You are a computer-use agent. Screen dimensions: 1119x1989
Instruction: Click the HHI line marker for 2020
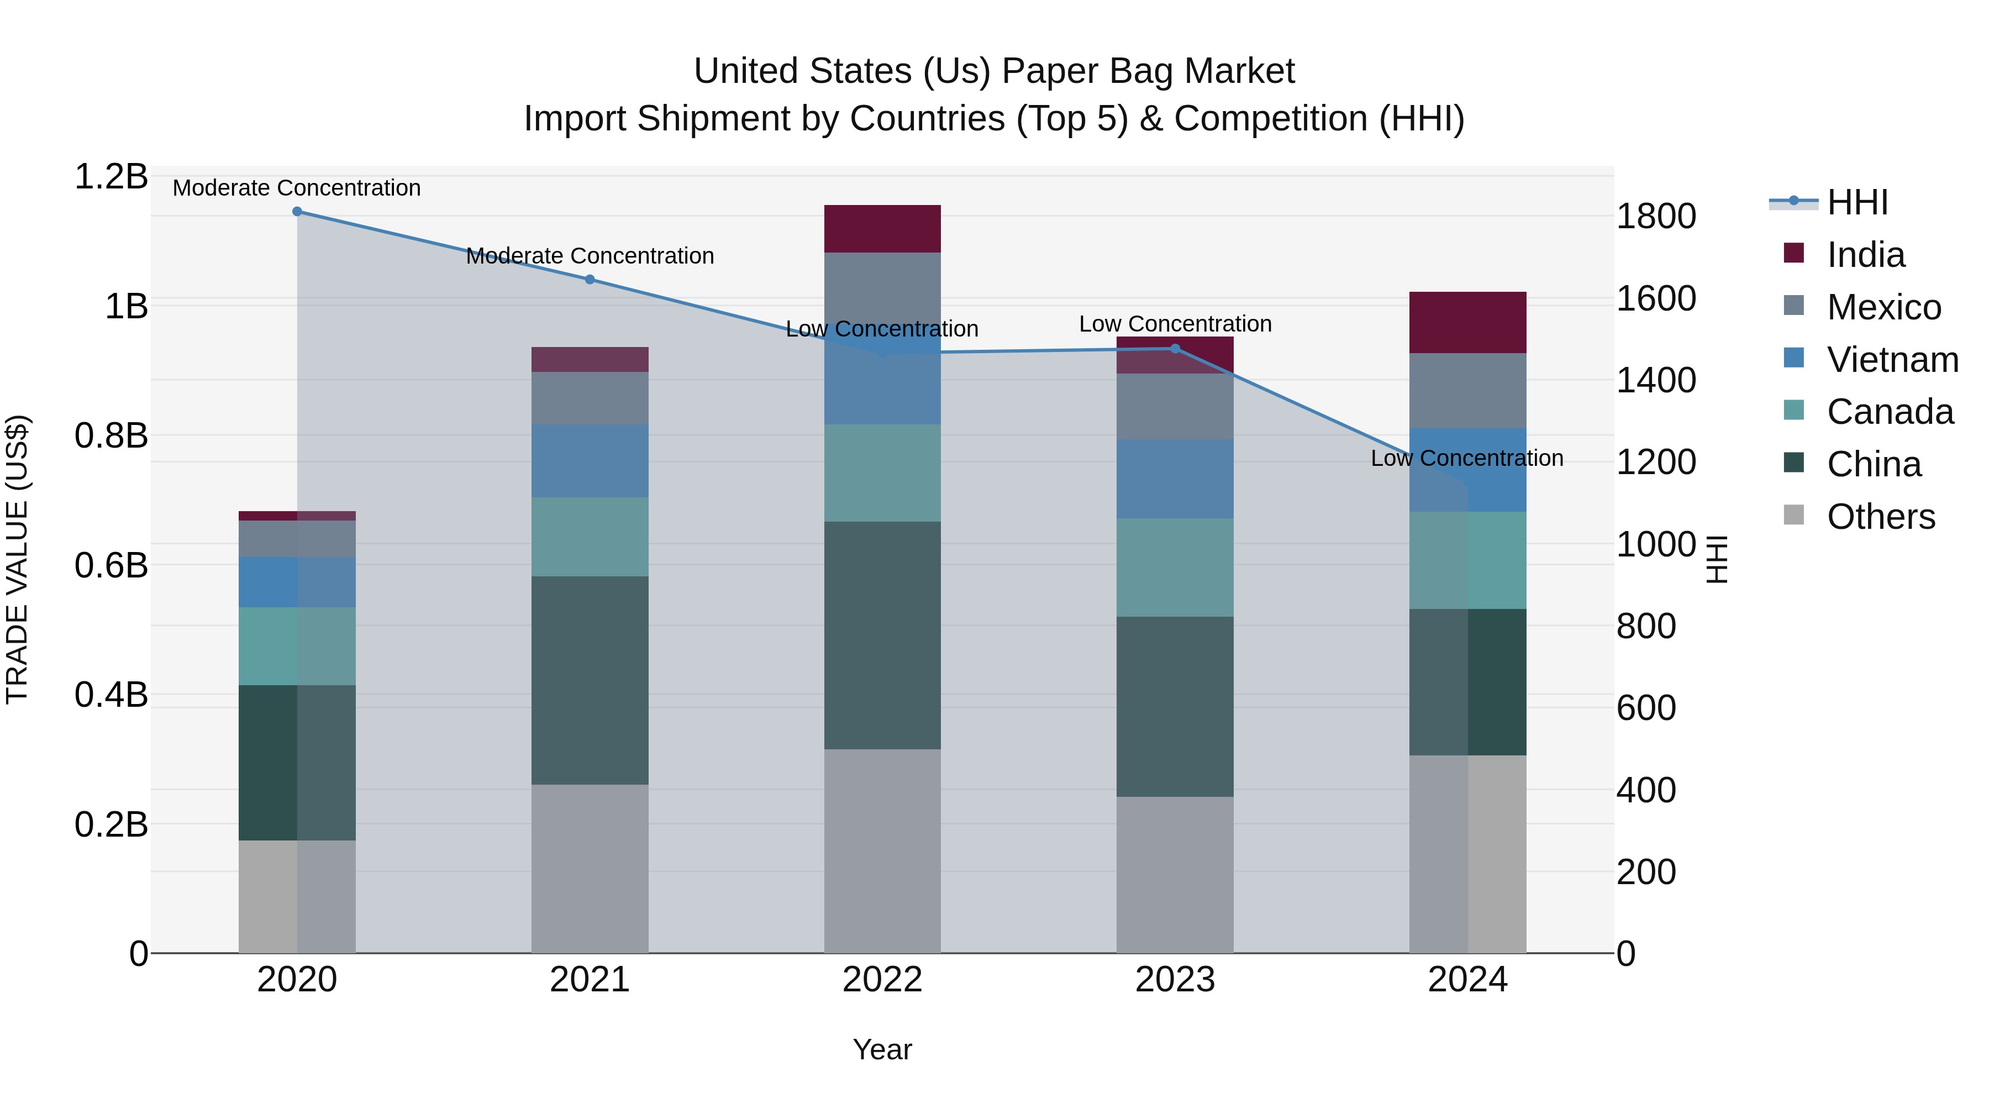pyautogui.click(x=297, y=212)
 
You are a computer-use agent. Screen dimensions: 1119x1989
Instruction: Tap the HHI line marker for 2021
pyautogui.click(x=590, y=280)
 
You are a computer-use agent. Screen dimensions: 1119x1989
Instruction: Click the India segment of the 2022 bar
pyautogui.click(x=882, y=229)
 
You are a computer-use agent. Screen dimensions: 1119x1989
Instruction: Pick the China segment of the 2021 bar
pyautogui.click(x=590, y=680)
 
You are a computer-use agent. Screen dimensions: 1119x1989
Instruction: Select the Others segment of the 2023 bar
pyautogui.click(x=1175, y=874)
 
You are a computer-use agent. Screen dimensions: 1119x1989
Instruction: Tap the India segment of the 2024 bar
pyautogui.click(x=1468, y=322)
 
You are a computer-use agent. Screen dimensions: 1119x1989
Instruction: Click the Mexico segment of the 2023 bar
pyautogui.click(x=1175, y=406)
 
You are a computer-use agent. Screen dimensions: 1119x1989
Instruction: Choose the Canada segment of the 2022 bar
pyautogui.click(x=882, y=472)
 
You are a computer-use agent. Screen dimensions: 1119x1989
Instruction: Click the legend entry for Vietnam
pyautogui.click(x=1892, y=360)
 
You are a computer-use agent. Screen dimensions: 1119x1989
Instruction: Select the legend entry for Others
pyautogui.click(x=1880, y=517)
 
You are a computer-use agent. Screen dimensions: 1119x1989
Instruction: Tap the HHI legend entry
pyautogui.click(x=1857, y=202)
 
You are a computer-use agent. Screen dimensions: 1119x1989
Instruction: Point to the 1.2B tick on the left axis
pyautogui.click(x=110, y=177)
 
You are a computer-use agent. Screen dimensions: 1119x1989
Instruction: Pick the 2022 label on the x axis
pyautogui.click(x=882, y=980)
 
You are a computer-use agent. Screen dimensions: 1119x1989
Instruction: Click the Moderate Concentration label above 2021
pyautogui.click(x=590, y=256)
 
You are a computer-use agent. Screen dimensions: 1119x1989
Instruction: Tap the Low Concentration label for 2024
pyautogui.click(x=1467, y=458)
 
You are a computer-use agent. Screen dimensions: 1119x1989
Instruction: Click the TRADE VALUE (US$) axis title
pyautogui.click(x=18, y=559)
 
